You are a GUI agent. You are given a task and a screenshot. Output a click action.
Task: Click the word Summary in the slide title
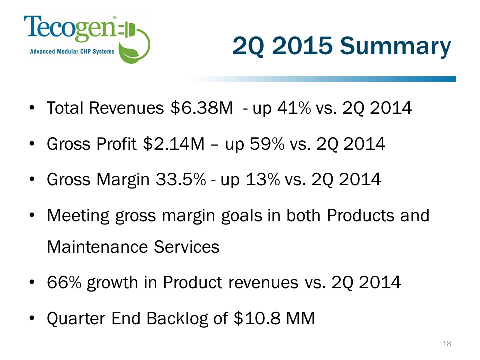(x=395, y=46)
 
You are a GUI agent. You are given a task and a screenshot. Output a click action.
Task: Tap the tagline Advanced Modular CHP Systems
(x=72, y=51)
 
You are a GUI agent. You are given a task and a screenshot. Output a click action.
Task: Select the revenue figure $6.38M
(x=202, y=108)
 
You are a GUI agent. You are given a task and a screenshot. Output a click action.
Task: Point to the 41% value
(x=294, y=108)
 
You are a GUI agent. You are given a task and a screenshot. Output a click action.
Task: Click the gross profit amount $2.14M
(x=174, y=144)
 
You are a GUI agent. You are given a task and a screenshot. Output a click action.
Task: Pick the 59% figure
(x=267, y=144)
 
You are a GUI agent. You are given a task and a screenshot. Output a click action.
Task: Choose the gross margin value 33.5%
(x=181, y=179)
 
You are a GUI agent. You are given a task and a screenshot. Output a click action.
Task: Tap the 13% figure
(x=263, y=179)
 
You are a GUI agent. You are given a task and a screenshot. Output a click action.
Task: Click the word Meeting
(x=78, y=216)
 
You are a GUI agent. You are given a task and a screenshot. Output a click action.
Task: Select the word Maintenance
(x=98, y=247)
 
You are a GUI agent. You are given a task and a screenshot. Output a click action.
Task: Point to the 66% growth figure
(x=64, y=282)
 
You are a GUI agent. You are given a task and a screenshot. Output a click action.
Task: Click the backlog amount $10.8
(x=257, y=318)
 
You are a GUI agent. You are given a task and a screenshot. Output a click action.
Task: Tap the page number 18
(x=447, y=344)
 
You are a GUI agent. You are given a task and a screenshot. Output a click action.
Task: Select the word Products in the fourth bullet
(x=361, y=215)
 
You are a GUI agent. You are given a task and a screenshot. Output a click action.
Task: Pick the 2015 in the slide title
(x=302, y=46)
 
